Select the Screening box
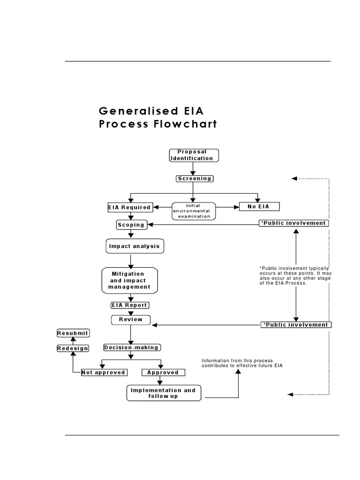click(194, 179)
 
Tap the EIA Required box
click(129, 207)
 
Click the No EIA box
click(260, 206)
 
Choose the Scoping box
click(131, 225)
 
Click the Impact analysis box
click(134, 246)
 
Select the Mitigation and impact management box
click(130, 280)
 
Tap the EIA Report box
click(129, 305)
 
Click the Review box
click(131, 320)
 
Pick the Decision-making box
click(131, 347)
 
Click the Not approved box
click(104, 373)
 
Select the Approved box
click(163, 373)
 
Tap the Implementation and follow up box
click(163, 393)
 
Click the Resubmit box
click(73, 333)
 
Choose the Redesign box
click(73, 348)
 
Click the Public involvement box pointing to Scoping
click(294, 223)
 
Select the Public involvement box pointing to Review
click(295, 325)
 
